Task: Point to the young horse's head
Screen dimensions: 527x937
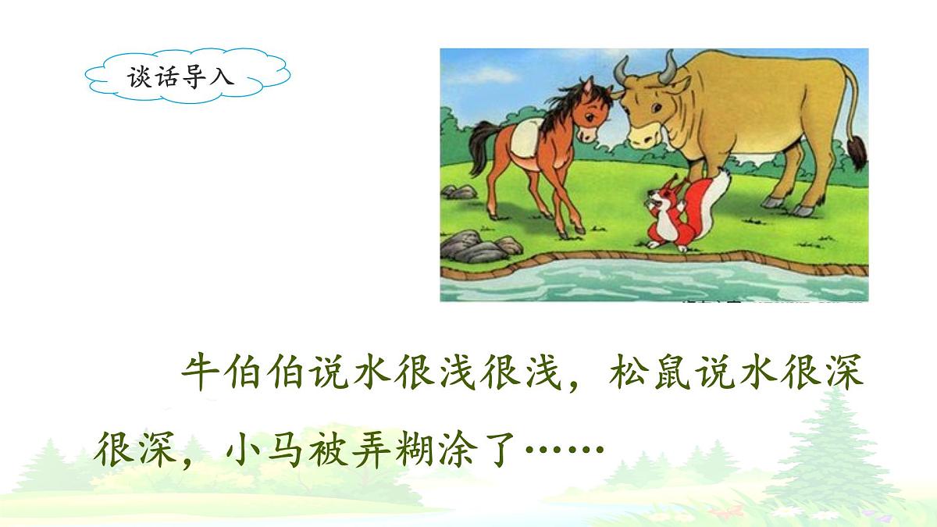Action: pyautogui.click(x=582, y=117)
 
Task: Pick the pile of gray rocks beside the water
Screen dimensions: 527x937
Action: pyautogui.click(x=476, y=245)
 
